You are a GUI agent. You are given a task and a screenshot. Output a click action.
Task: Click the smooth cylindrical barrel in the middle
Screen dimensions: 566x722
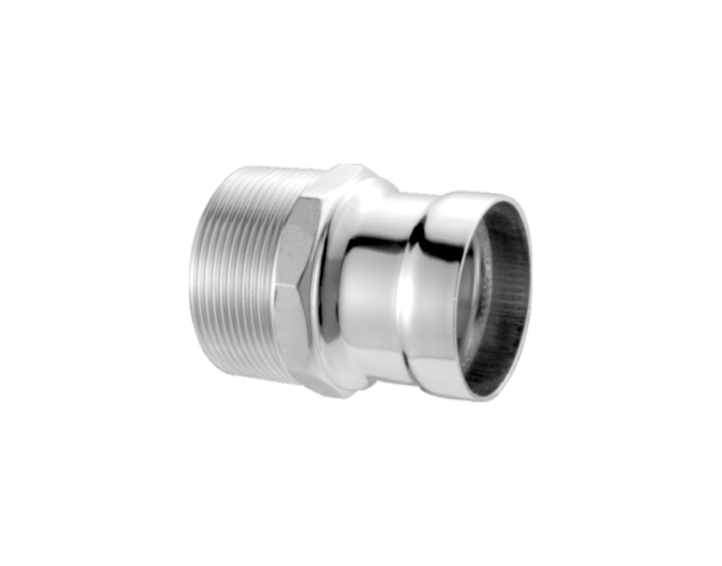click(368, 284)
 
